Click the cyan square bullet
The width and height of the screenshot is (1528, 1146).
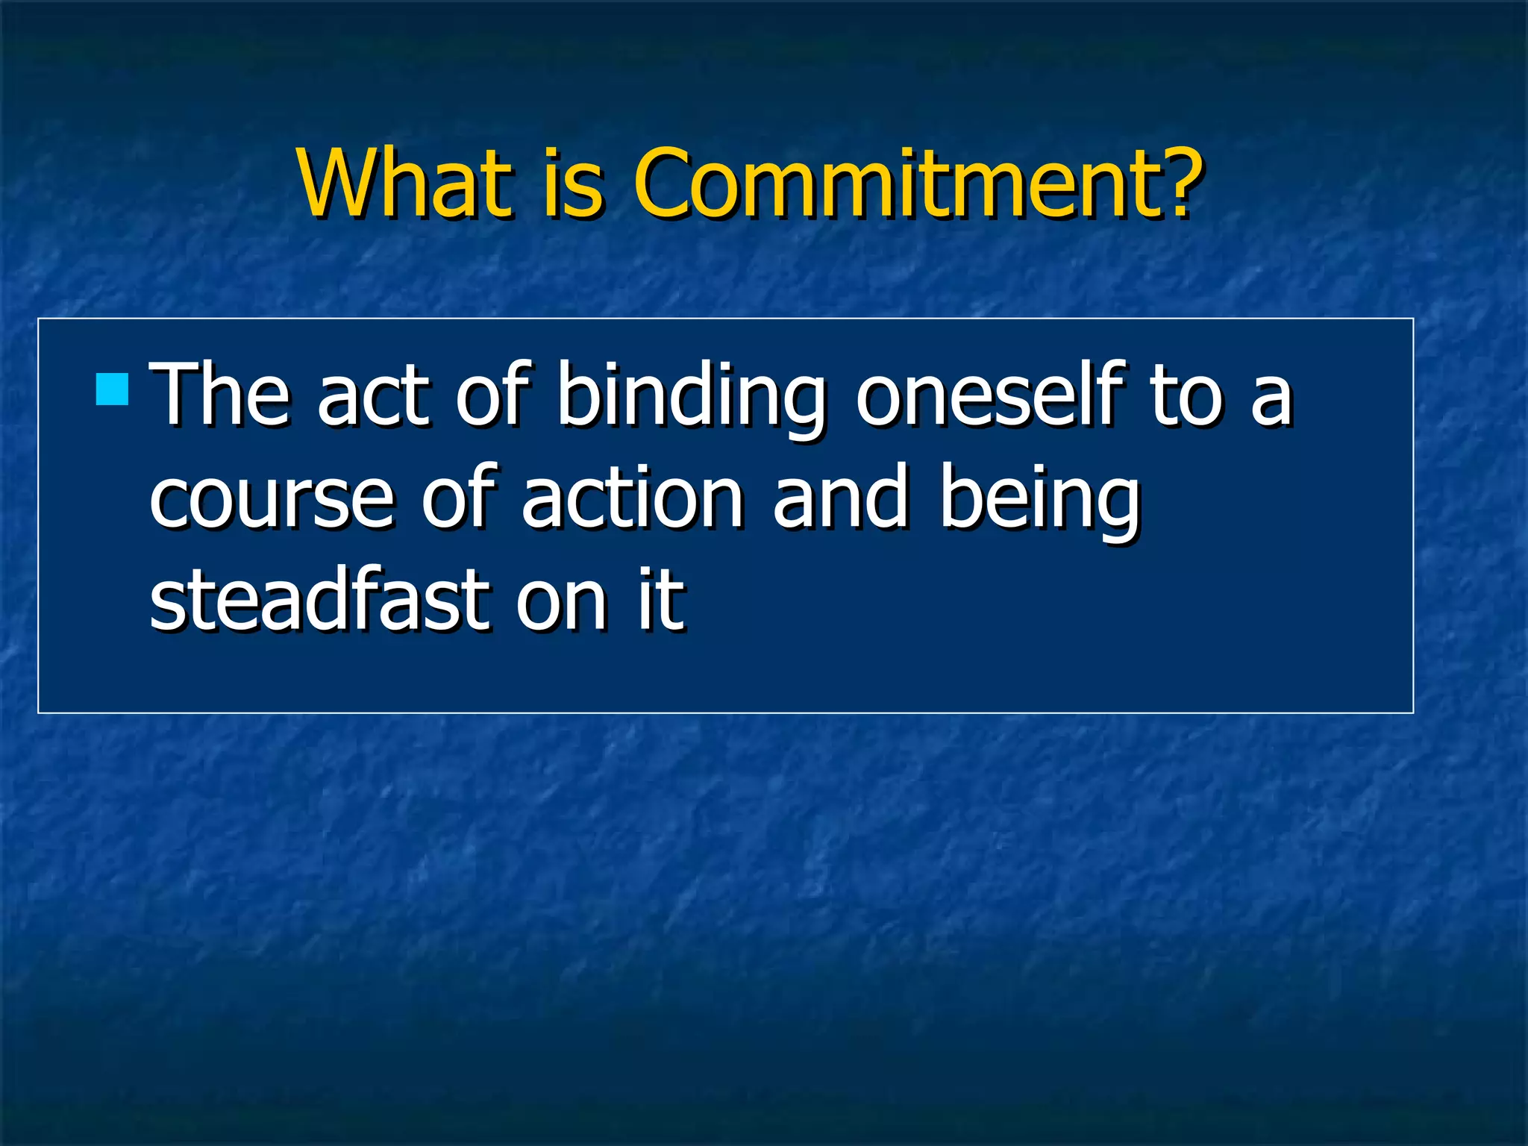click(113, 389)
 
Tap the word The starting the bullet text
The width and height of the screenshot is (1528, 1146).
click(220, 395)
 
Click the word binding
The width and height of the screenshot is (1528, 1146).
click(691, 395)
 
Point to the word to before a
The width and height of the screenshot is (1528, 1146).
click(1186, 395)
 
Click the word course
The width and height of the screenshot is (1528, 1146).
click(272, 498)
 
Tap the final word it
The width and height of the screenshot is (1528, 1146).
click(660, 601)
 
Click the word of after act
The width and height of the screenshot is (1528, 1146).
click(493, 395)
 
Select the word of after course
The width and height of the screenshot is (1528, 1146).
click(458, 498)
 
